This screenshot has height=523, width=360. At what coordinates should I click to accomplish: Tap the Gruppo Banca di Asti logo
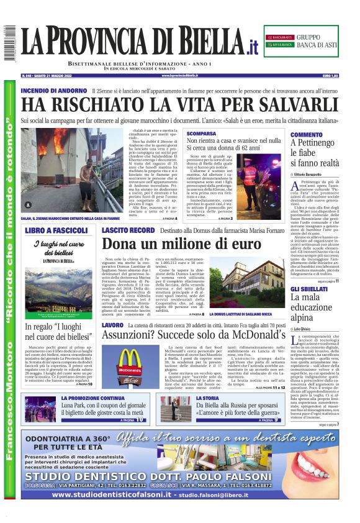(x=300, y=42)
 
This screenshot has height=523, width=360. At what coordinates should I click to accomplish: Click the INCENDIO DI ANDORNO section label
(x=53, y=91)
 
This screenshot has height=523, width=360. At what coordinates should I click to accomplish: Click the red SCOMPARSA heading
(x=201, y=134)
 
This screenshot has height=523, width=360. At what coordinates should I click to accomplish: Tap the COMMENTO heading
(x=307, y=135)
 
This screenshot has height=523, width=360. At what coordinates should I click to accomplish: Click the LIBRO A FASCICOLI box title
(x=58, y=230)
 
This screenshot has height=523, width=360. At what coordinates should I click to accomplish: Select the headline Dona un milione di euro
(x=182, y=244)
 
